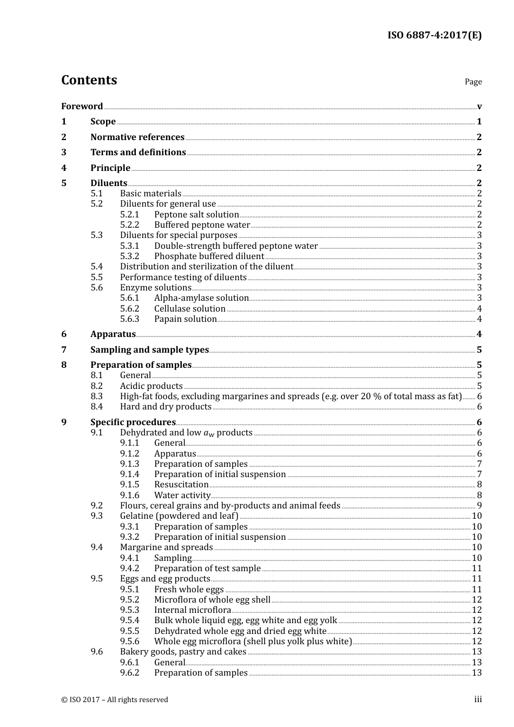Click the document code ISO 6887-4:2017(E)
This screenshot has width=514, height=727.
(434, 36)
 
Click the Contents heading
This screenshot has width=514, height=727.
(89, 80)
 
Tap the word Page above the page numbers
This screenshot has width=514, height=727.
(473, 82)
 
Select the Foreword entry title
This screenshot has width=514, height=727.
(82, 106)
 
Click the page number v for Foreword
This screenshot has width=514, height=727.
(479, 107)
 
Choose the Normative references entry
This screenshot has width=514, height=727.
(137, 137)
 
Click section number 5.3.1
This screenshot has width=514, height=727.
(129, 246)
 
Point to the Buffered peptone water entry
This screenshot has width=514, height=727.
(202, 224)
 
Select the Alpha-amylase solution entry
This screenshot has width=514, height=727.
(201, 298)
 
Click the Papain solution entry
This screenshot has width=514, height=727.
(185, 319)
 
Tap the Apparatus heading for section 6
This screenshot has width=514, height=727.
(113, 334)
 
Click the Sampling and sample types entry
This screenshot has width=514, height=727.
(149, 349)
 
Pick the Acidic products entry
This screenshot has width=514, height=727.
(151, 386)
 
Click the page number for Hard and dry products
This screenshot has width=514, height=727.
(479, 407)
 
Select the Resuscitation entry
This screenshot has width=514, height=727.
(181, 485)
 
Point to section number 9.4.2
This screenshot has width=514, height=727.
(129, 569)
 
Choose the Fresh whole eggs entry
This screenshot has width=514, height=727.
(189, 590)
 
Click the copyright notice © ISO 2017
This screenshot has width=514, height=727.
(115, 699)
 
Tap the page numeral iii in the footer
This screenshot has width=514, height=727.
(478, 699)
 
